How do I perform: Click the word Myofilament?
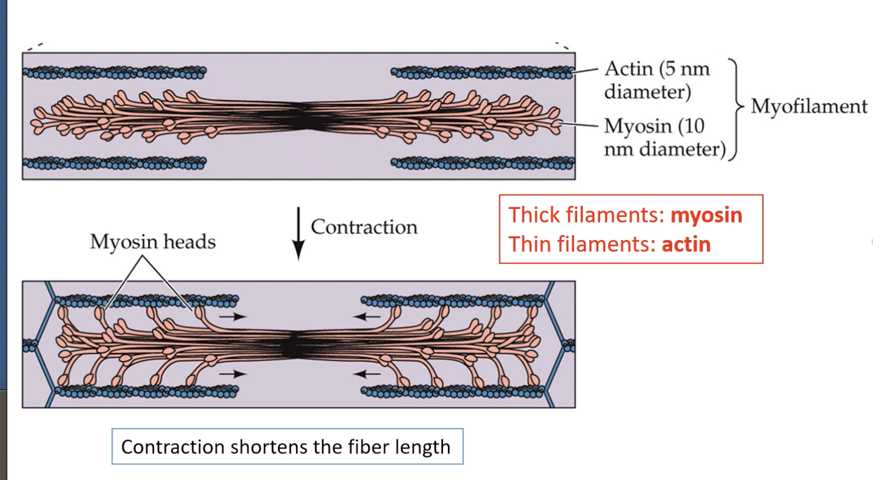coord(809,106)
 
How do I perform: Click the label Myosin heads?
coord(152,242)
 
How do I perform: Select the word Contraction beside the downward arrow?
coord(364,227)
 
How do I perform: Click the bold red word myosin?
coord(706,215)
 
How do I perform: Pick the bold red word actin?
coord(686,244)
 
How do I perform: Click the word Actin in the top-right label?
coord(628,69)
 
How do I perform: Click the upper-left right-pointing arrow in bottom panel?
coord(233,316)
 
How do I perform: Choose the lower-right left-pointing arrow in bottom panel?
coord(368,374)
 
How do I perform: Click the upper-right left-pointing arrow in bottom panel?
coord(368,316)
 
